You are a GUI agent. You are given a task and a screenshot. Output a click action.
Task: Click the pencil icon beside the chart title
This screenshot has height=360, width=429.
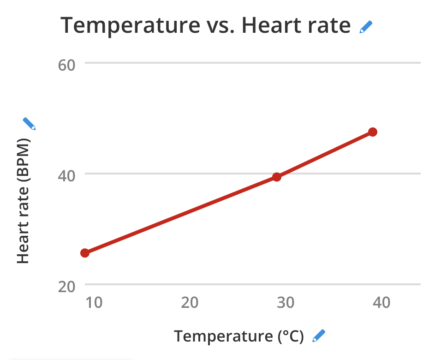(x=365, y=27)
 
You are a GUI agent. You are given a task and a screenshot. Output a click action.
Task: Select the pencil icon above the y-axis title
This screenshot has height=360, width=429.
(x=29, y=124)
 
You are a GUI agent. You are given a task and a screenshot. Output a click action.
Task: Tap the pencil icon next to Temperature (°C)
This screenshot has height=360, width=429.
(x=319, y=336)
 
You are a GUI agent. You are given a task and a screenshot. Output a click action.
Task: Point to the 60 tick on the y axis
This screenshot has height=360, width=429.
(x=66, y=65)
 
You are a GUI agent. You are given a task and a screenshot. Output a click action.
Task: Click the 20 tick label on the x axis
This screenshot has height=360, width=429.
(x=190, y=303)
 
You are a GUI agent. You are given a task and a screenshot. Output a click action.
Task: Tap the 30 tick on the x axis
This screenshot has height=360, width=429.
(x=286, y=303)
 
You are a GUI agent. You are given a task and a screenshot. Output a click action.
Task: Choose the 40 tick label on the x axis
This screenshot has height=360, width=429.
(x=381, y=303)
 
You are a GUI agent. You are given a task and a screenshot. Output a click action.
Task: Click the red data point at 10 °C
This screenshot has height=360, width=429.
(x=85, y=253)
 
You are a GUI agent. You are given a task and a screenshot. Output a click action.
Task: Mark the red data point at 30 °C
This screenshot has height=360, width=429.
(x=277, y=177)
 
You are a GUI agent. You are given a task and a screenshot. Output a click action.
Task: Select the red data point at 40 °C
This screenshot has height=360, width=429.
(x=373, y=132)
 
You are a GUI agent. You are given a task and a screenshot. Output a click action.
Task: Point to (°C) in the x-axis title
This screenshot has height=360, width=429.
(x=291, y=336)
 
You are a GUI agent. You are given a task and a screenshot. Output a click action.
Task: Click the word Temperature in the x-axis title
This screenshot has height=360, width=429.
(x=223, y=336)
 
